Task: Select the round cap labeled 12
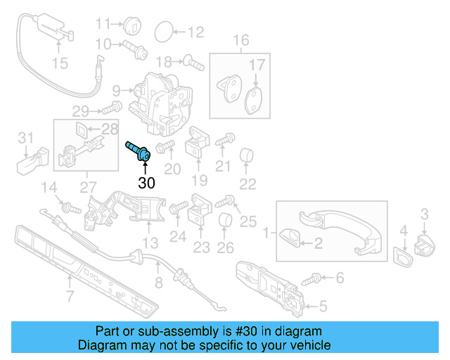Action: tap(162, 31)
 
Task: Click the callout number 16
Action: tap(241, 40)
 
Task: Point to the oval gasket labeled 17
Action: tap(253, 100)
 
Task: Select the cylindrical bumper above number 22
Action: tap(247, 155)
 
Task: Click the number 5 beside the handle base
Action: tap(323, 306)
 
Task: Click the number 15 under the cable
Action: tap(60, 64)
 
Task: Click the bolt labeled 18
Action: tap(193, 63)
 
